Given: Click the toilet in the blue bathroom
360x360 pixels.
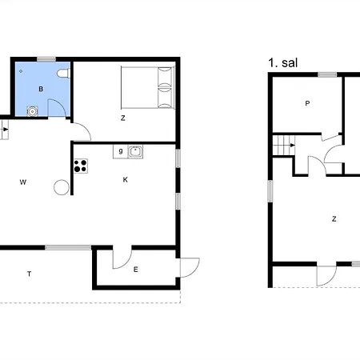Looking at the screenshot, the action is click(63, 74).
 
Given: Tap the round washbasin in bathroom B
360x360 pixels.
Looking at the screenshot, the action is click(32, 111).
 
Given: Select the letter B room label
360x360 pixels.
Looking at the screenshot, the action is click(41, 89).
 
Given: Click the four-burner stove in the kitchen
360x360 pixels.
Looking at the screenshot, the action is click(81, 166).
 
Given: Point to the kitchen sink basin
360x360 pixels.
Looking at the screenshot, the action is click(135, 152).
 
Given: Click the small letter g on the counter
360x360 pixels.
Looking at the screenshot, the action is click(121, 151).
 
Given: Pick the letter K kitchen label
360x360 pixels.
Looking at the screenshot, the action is click(126, 180).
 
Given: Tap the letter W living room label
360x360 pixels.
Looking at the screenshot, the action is click(23, 182).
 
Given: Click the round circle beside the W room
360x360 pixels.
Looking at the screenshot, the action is click(62, 187).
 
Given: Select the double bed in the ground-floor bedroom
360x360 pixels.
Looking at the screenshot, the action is click(148, 87).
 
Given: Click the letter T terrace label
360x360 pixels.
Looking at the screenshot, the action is click(29, 274).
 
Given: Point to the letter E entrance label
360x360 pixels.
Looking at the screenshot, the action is click(136, 270).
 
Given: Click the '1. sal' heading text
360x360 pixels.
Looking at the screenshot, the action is click(283, 63).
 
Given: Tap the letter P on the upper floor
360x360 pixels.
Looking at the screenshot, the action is click(307, 103).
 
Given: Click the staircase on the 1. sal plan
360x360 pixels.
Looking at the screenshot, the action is click(284, 146).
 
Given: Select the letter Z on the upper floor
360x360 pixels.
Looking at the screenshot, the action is click(334, 219).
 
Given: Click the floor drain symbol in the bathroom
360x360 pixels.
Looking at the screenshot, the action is click(21, 71).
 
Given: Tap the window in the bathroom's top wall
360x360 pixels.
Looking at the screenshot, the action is click(46, 59).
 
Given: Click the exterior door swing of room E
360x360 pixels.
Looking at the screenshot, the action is click(190, 267).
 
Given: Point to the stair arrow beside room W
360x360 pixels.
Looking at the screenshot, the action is click(6, 130).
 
